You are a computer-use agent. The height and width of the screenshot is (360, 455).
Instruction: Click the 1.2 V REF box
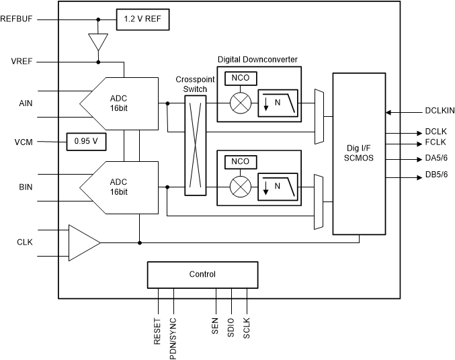(142, 19)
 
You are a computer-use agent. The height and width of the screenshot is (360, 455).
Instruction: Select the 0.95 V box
(86, 142)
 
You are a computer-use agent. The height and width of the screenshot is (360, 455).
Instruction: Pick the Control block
(202, 274)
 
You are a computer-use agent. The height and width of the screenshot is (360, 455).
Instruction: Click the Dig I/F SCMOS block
(359, 154)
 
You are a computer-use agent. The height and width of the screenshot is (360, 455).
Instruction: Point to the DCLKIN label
(440, 113)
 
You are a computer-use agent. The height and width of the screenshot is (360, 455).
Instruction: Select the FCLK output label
(437, 143)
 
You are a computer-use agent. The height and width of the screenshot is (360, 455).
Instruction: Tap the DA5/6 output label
(438, 159)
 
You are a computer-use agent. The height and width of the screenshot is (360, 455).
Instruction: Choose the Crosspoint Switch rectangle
(195, 144)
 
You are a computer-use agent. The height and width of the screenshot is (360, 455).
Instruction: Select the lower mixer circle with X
(240, 186)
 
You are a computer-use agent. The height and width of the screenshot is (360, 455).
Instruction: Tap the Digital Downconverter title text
(257, 59)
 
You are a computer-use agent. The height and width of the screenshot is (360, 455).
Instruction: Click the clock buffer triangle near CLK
(83, 241)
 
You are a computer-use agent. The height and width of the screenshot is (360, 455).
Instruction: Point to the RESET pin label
(157, 332)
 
